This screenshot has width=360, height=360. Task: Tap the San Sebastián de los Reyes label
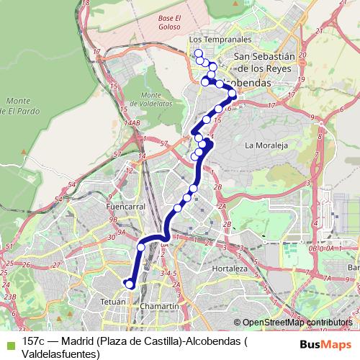[264, 63]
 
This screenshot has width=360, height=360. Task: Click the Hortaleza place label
[230, 269]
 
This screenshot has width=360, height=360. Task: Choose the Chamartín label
[160, 306]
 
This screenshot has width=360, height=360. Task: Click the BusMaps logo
[325, 343]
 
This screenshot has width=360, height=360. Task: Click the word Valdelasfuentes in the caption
[60, 354]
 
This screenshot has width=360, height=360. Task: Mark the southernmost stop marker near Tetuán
[130, 284]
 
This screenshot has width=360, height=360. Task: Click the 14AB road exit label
[131, 123]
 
